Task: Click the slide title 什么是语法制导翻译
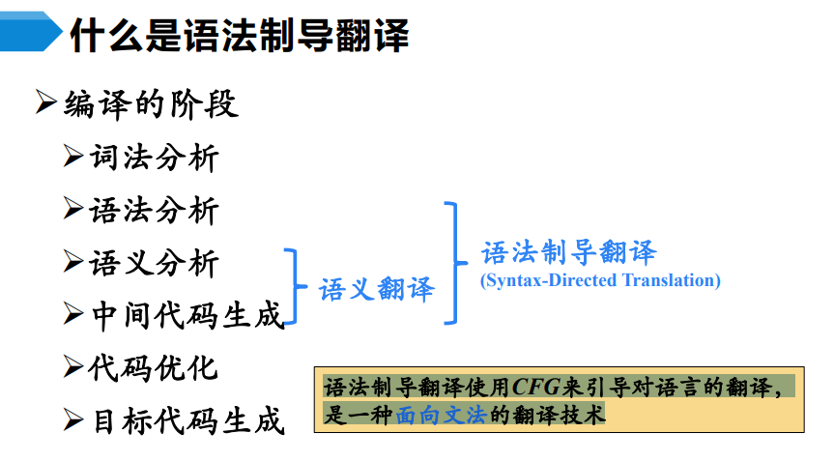pos(239,37)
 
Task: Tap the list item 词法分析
pos(155,158)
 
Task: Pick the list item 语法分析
pos(155,210)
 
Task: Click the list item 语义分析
pos(155,262)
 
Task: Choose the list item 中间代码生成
pos(187,315)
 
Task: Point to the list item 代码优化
pos(155,367)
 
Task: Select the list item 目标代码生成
pos(187,420)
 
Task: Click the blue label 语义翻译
pos(377,289)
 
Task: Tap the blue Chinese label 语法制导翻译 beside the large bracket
pos(569,253)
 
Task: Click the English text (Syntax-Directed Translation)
pos(600,281)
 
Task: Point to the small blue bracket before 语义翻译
pos(294,288)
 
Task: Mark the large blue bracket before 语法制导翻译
pos(451,262)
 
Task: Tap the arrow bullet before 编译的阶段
pos(46,103)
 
